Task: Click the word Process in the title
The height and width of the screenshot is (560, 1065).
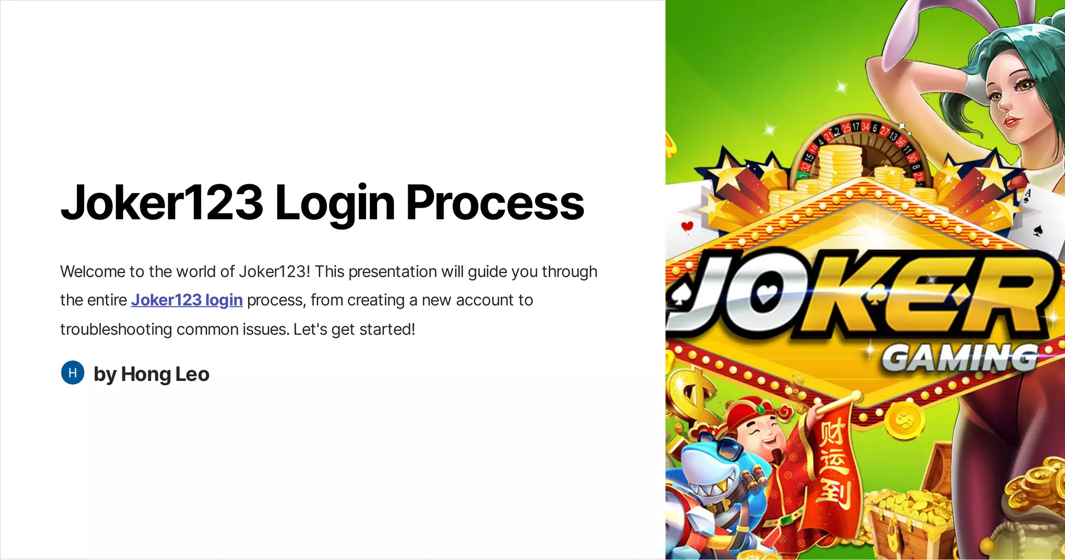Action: coord(495,203)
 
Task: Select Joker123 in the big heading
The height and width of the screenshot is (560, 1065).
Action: coord(162,203)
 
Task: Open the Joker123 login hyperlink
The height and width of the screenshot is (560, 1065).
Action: coord(187,300)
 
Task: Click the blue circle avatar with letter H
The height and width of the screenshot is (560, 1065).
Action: coord(73,373)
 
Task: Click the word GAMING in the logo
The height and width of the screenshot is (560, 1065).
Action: coord(960,359)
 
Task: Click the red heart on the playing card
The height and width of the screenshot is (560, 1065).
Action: coord(687,226)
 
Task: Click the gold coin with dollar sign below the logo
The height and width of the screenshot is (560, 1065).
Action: coord(904,419)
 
